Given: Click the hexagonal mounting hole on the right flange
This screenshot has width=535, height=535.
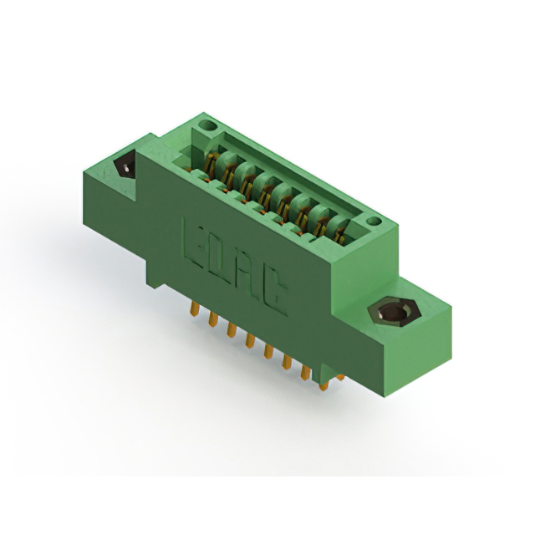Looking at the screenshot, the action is pyautogui.click(x=394, y=312).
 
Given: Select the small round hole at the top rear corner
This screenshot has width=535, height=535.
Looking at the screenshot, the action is pyautogui.click(x=208, y=125).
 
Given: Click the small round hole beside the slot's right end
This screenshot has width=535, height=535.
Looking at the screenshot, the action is pyautogui.click(x=374, y=221).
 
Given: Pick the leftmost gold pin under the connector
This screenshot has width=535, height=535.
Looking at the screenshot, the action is pyautogui.click(x=195, y=308).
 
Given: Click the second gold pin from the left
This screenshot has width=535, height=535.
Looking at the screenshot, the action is pyautogui.click(x=213, y=318).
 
